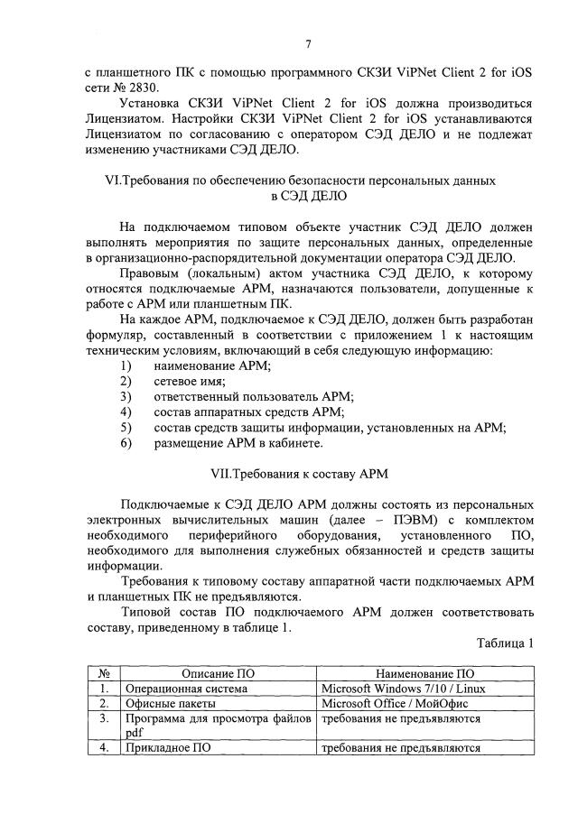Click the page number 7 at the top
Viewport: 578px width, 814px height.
(308, 44)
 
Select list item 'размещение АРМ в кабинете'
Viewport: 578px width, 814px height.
(238, 443)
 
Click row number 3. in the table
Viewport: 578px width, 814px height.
(104, 718)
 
